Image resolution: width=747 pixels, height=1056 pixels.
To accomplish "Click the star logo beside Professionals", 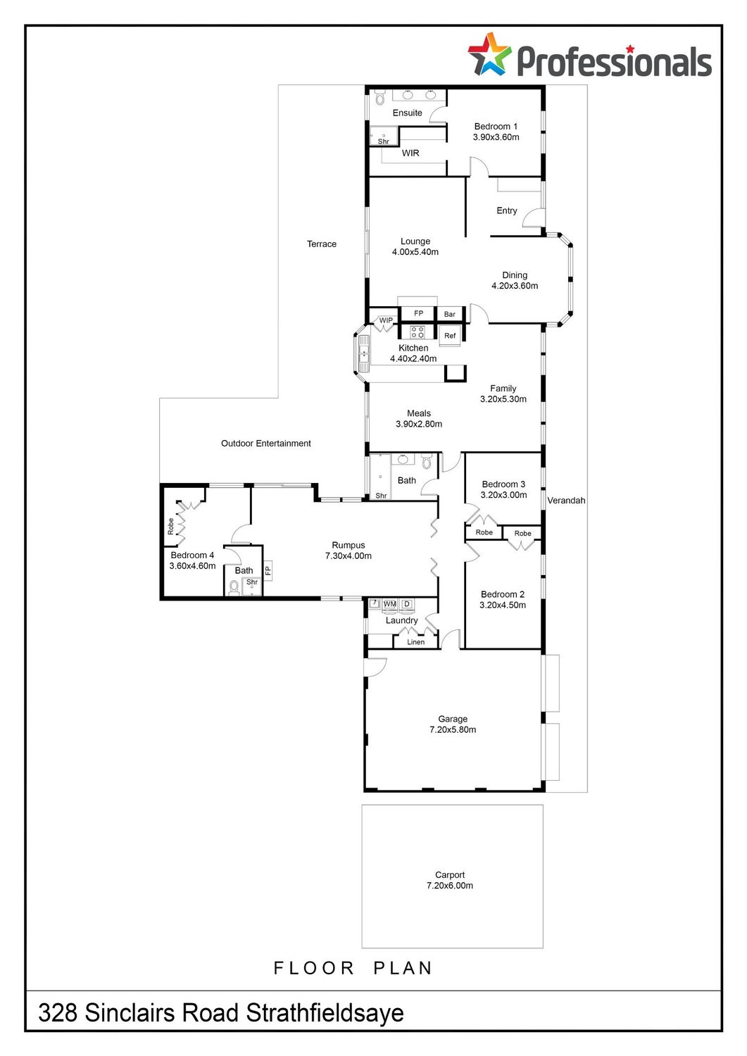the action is (489, 54).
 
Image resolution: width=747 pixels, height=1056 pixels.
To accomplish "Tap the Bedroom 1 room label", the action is (496, 126).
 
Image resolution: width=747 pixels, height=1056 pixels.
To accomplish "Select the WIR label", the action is (410, 153).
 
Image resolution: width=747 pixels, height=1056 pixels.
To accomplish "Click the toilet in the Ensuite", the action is (379, 98).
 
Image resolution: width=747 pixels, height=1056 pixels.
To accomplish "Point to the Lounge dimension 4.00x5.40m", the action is (415, 252).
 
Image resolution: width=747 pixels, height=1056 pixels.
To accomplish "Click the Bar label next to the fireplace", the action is (449, 315).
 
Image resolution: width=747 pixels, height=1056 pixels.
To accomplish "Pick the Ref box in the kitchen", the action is (450, 336).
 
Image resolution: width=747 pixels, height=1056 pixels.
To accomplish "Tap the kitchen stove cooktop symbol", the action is (417, 332).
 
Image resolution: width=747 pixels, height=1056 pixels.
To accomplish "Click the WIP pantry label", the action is (386, 320).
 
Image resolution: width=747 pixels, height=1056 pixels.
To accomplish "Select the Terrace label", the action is (322, 244).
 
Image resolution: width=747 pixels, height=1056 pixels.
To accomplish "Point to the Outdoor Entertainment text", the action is (266, 444).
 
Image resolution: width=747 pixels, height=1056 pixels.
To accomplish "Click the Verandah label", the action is (566, 501).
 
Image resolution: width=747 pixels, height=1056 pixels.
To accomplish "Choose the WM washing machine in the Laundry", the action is (390, 604).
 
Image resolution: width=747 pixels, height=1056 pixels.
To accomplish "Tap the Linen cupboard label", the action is (415, 642).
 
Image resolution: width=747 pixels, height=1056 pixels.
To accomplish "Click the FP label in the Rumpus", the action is (268, 571).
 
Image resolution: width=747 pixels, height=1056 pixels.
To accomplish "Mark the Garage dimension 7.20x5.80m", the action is (453, 730).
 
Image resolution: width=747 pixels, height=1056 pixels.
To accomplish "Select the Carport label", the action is (450, 875).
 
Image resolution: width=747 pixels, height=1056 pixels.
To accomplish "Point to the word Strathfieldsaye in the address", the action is (325, 1013).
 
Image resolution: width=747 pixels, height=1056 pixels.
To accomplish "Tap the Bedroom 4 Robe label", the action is (170, 527).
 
